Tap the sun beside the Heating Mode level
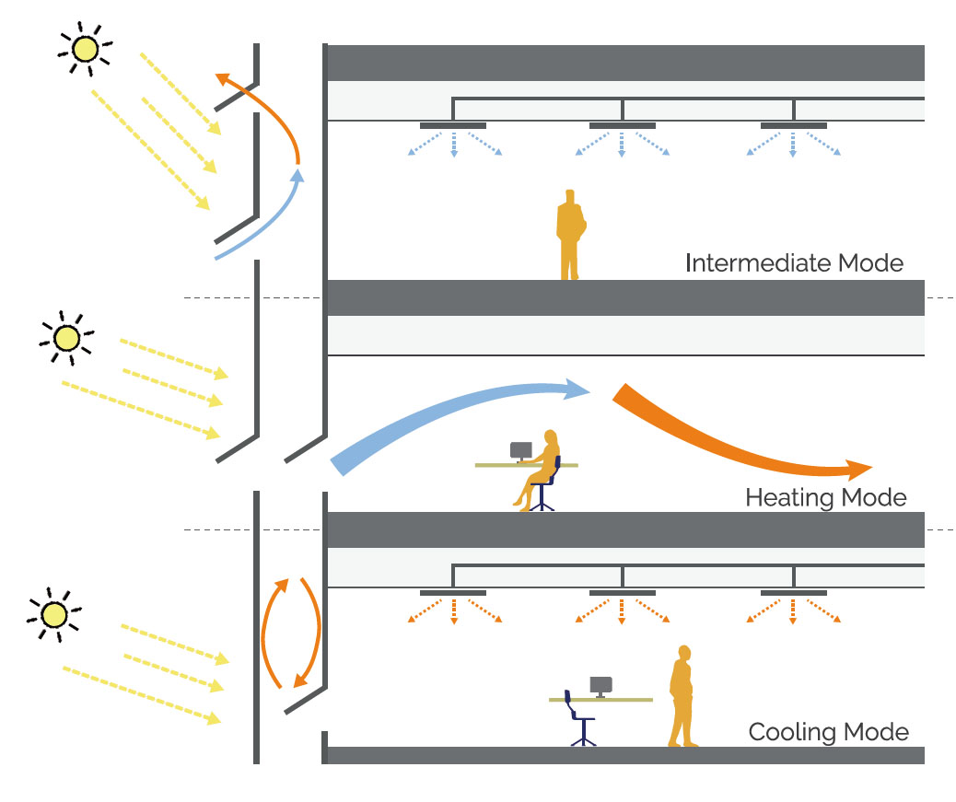(66, 339)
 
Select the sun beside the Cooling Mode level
(54, 613)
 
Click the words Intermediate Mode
(794, 263)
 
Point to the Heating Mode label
(825, 498)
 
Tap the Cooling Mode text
(828, 733)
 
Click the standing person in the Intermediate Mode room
(571, 235)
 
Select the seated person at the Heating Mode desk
(542, 468)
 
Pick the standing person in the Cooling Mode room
(682, 696)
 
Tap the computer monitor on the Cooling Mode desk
(601, 686)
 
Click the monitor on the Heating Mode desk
(521, 451)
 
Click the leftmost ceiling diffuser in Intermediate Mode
(453, 125)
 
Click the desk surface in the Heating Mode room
(497, 465)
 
